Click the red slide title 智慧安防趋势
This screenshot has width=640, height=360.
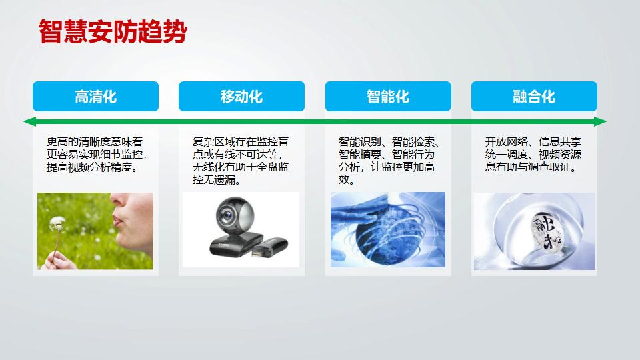pos(112,32)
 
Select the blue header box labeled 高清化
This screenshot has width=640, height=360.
pos(95,96)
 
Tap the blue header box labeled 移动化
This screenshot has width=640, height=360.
pos(241,96)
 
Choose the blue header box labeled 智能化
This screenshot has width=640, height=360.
pos(388,96)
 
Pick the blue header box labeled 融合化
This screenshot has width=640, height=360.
pos(534,96)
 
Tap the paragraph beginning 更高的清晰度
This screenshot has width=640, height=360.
pos(95,154)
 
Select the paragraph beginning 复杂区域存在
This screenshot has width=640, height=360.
pos(241,161)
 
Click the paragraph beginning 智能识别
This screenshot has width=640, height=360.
pos(388,161)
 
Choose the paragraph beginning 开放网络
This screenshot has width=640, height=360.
pos(533,154)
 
